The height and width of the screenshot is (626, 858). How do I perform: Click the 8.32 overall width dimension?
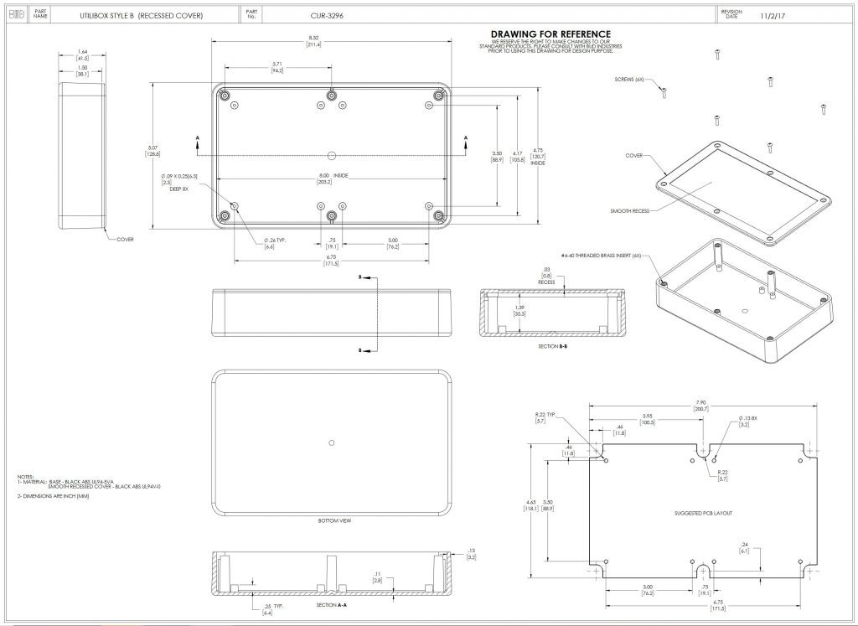314,39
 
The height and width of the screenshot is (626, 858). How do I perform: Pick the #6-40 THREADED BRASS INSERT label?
601,255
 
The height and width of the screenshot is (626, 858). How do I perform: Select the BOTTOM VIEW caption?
334,520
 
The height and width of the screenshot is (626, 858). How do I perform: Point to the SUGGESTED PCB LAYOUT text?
703,513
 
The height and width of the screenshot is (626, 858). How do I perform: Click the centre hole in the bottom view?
333,442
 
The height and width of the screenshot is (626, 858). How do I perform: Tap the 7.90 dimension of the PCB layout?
700,403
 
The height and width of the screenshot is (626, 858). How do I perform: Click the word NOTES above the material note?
25,477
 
